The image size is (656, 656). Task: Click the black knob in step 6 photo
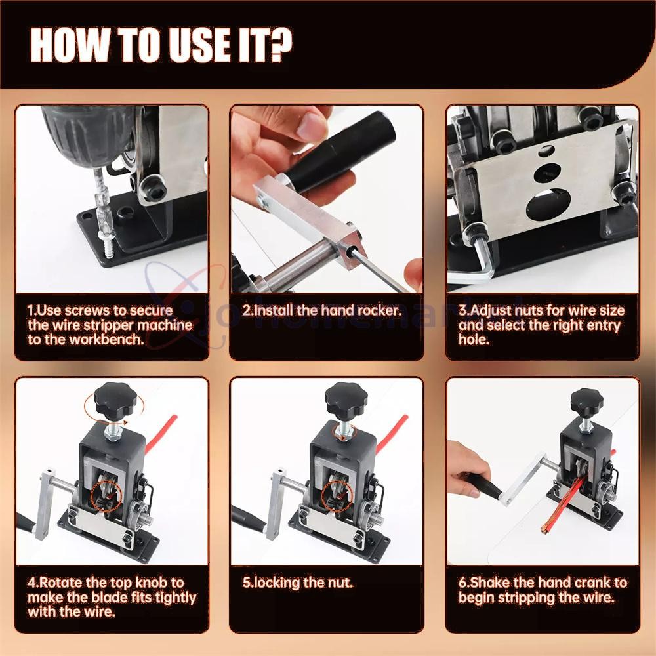tap(586, 401)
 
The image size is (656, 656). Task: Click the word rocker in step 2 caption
tap(377, 310)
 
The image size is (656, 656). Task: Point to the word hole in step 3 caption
tap(474, 340)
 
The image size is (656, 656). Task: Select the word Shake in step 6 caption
tap(489, 582)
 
